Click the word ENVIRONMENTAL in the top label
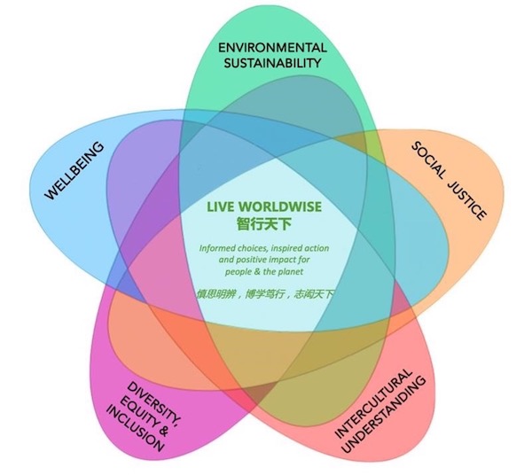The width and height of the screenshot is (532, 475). (x=271, y=46)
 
